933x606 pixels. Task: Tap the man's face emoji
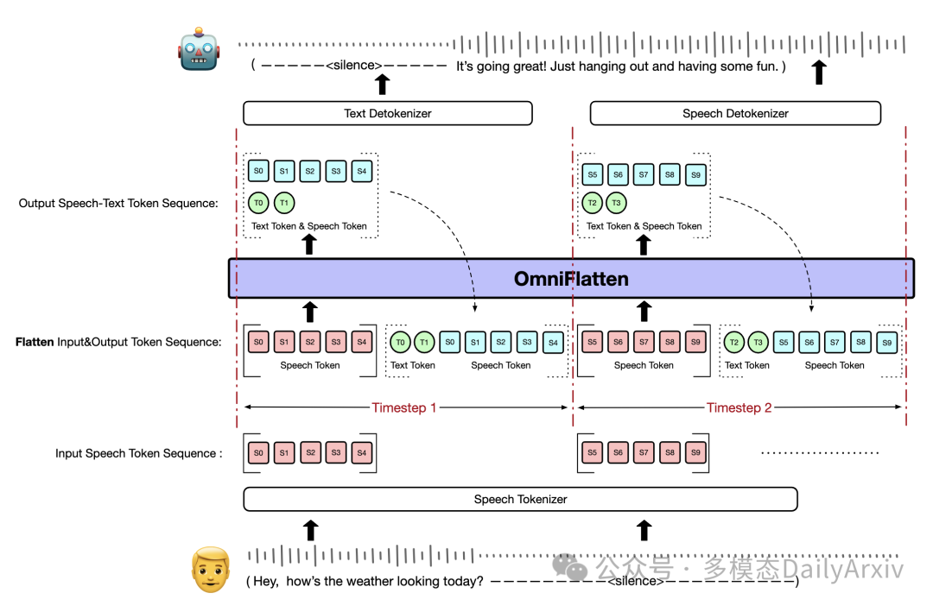pos(211,570)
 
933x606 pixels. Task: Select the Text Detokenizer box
pos(387,113)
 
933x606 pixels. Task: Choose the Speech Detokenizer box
pos(735,113)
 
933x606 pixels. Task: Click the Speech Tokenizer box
pos(520,499)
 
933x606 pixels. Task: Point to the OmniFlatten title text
pos(571,279)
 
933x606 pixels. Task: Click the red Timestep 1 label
pos(403,407)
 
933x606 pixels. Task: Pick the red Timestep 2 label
pos(739,407)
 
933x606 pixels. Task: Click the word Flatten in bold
pos(35,342)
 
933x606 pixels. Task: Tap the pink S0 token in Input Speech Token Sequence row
pos(258,452)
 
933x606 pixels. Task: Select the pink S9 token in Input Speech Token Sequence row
pos(695,452)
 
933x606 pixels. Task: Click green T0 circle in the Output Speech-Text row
pos(258,203)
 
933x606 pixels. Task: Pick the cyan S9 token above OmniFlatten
pos(695,174)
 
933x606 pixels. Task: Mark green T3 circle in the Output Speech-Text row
pos(616,203)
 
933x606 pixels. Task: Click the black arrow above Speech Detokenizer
pos(819,72)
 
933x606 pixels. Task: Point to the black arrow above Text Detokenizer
pos(382,83)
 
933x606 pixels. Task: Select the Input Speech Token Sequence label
pos(138,453)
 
